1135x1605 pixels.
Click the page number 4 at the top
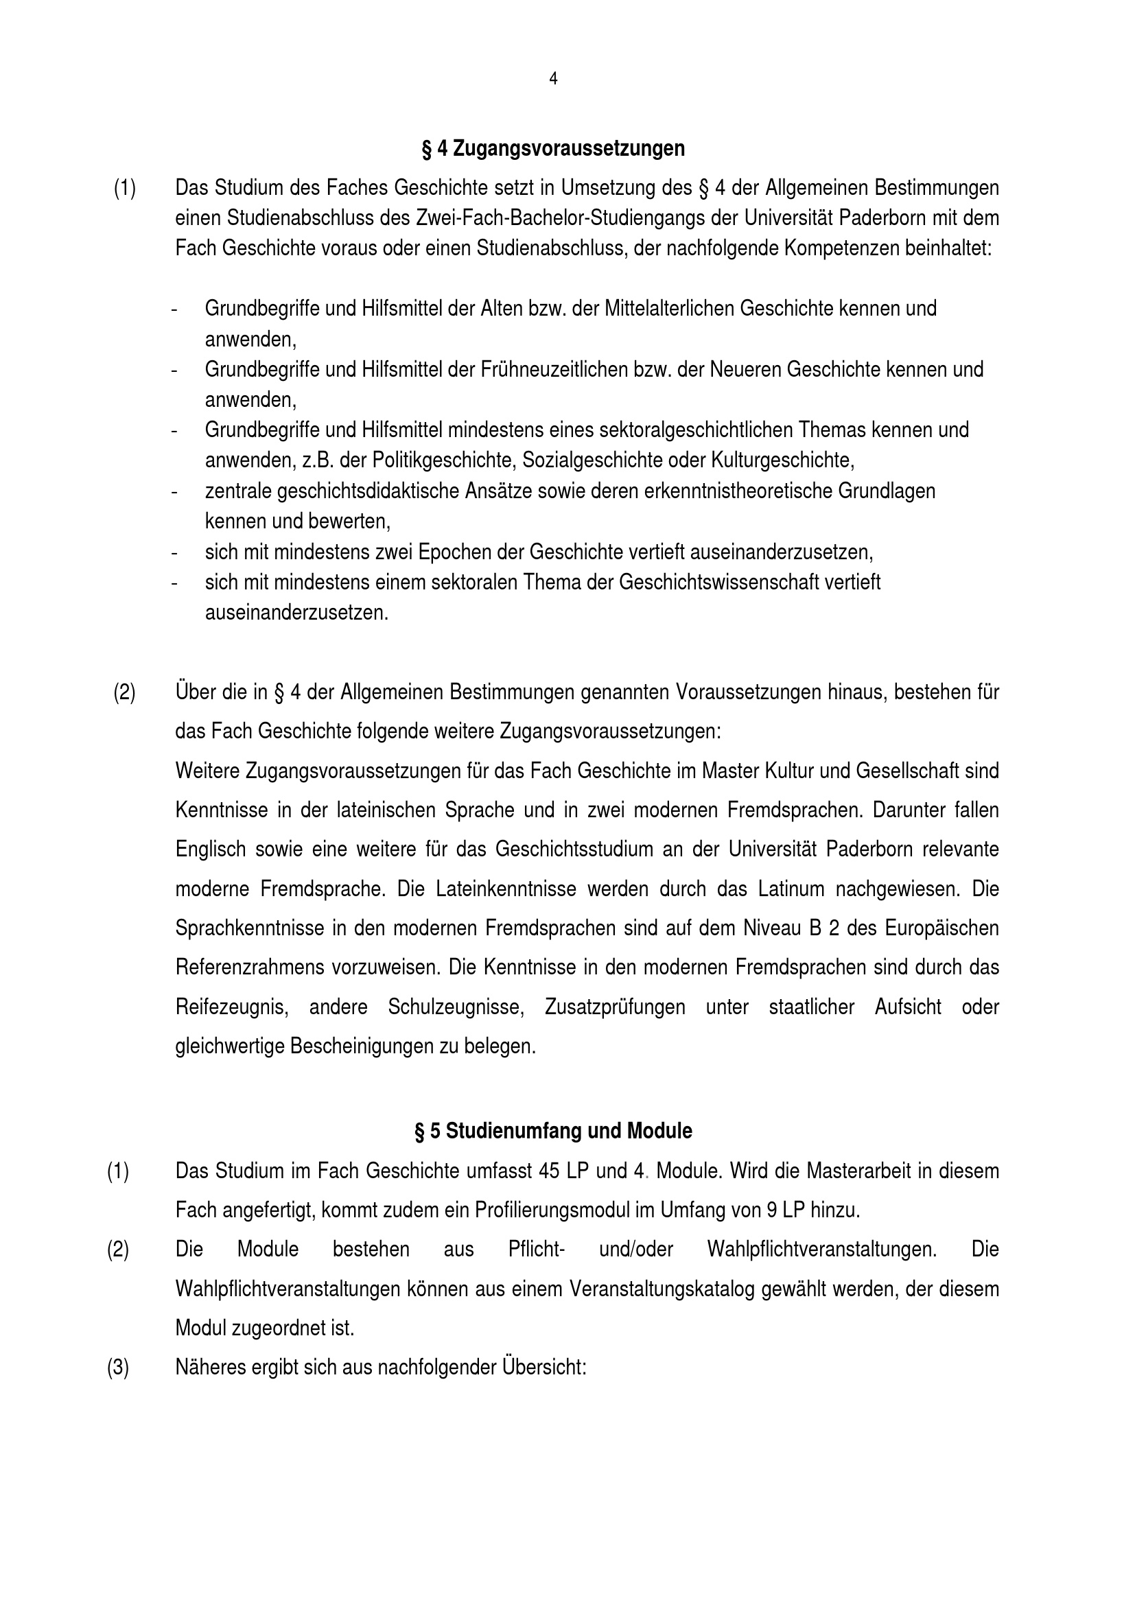click(554, 79)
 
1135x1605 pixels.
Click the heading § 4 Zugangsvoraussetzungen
click(553, 149)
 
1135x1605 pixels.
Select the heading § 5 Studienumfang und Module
click(553, 1131)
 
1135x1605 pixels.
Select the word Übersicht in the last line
click(543, 1368)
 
